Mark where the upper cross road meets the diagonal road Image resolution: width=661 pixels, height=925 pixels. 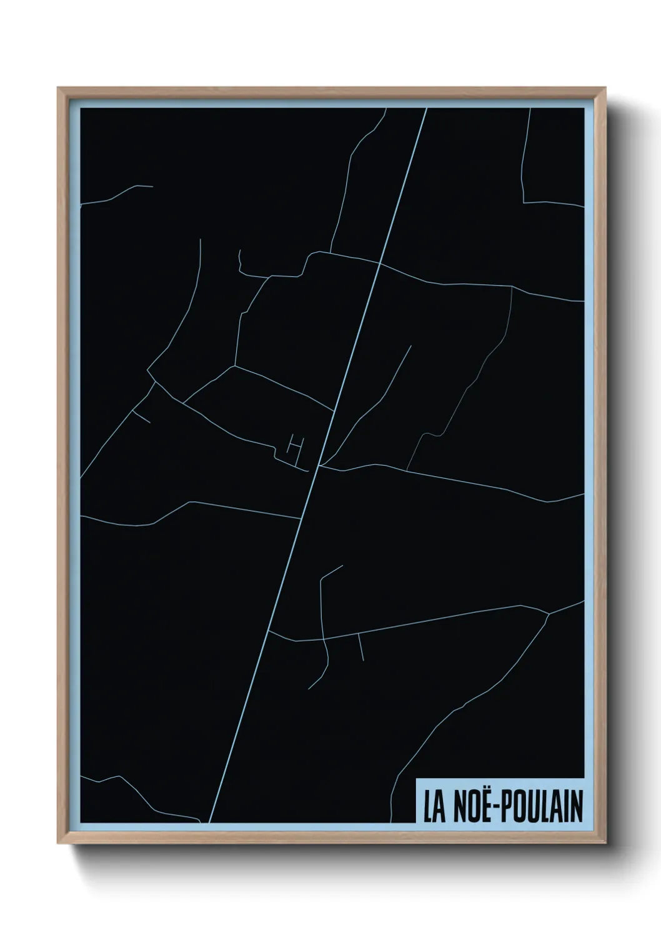tap(380, 264)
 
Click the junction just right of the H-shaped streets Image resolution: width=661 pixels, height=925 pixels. tap(319, 465)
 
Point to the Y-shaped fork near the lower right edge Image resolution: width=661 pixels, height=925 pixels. tap(549, 614)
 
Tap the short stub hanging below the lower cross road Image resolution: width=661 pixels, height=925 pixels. tap(360, 647)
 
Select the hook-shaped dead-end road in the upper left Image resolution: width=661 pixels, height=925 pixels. tap(241, 262)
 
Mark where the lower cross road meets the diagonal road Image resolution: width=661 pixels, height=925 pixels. tap(269, 631)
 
